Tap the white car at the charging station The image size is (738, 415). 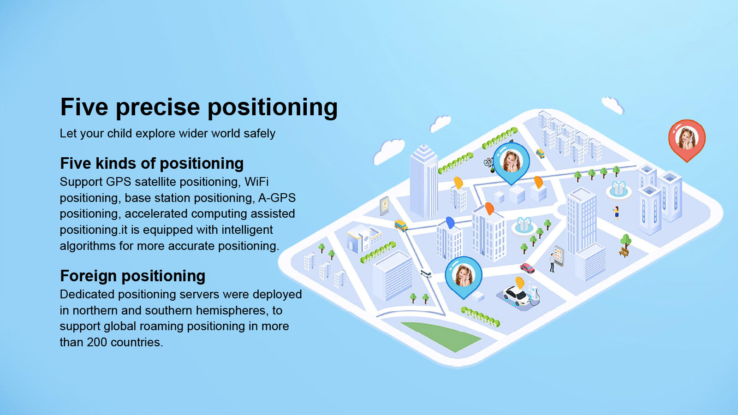[516, 296]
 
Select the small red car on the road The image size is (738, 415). [527, 268]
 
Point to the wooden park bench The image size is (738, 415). [624, 252]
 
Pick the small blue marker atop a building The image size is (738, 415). [450, 222]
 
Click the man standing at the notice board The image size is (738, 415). [552, 262]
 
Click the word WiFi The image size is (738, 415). [256, 182]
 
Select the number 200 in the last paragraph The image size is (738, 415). [97, 342]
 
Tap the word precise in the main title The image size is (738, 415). [158, 107]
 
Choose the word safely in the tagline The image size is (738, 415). [260, 134]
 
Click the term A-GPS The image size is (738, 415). [277, 198]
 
